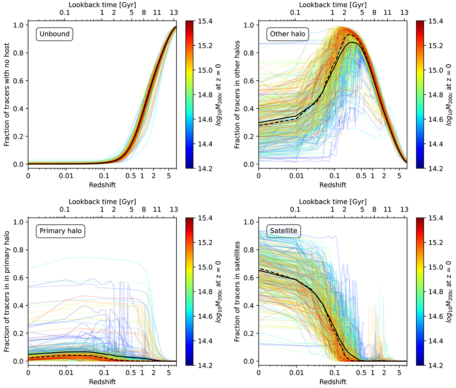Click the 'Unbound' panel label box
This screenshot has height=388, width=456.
point(55,34)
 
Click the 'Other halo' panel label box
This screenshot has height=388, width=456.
point(288,34)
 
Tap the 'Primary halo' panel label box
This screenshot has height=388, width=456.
point(61,231)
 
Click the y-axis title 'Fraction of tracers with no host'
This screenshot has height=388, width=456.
point(7,95)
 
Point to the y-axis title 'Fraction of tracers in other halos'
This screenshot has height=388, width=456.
point(237,95)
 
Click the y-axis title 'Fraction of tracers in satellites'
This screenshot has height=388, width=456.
point(237,291)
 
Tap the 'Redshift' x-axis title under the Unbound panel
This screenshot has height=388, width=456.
point(102,185)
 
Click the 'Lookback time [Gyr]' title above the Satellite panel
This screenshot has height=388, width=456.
point(332,202)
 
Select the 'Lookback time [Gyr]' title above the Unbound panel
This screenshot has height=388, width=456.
point(102,5)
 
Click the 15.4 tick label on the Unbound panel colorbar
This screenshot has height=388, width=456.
point(206,21)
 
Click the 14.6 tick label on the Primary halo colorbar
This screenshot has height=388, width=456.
point(206,316)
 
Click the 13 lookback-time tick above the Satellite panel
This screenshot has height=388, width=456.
point(404,210)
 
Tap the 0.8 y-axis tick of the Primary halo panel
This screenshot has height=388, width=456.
point(19,250)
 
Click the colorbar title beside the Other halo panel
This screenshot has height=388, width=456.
point(449,95)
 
